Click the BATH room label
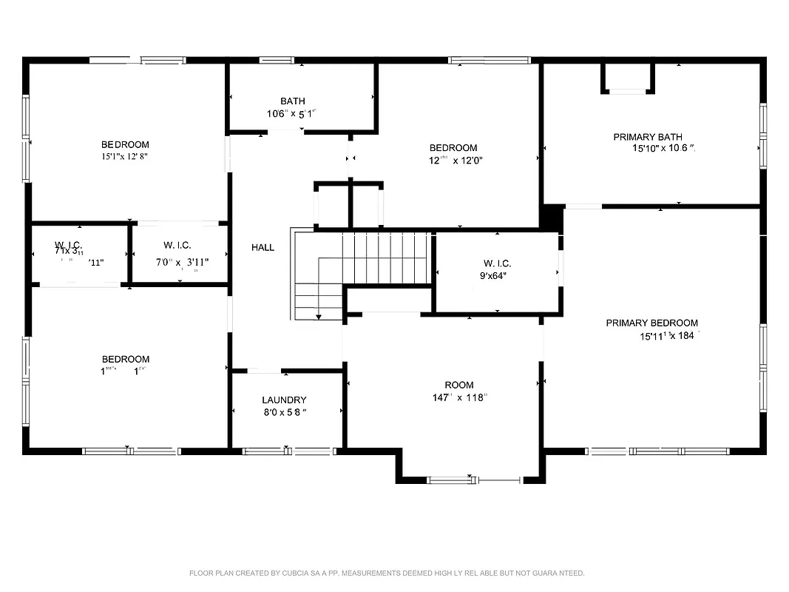pos(292,101)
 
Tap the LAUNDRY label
pos(284,400)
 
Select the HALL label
pos(263,248)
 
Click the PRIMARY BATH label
pos(648,137)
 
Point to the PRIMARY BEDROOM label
pos(651,323)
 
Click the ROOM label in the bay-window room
pos(459,385)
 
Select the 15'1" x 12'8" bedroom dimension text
pos(125,157)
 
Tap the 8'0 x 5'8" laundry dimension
pos(285,413)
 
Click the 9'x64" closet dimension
pos(497,276)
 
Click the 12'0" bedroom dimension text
pos(456,161)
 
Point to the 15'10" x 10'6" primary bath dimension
pos(658,149)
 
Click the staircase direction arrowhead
pos(319,317)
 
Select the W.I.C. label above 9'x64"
pos(497,263)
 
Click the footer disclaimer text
pos(387,573)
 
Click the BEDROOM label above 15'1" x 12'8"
pos(125,145)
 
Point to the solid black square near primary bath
pos(552,218)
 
